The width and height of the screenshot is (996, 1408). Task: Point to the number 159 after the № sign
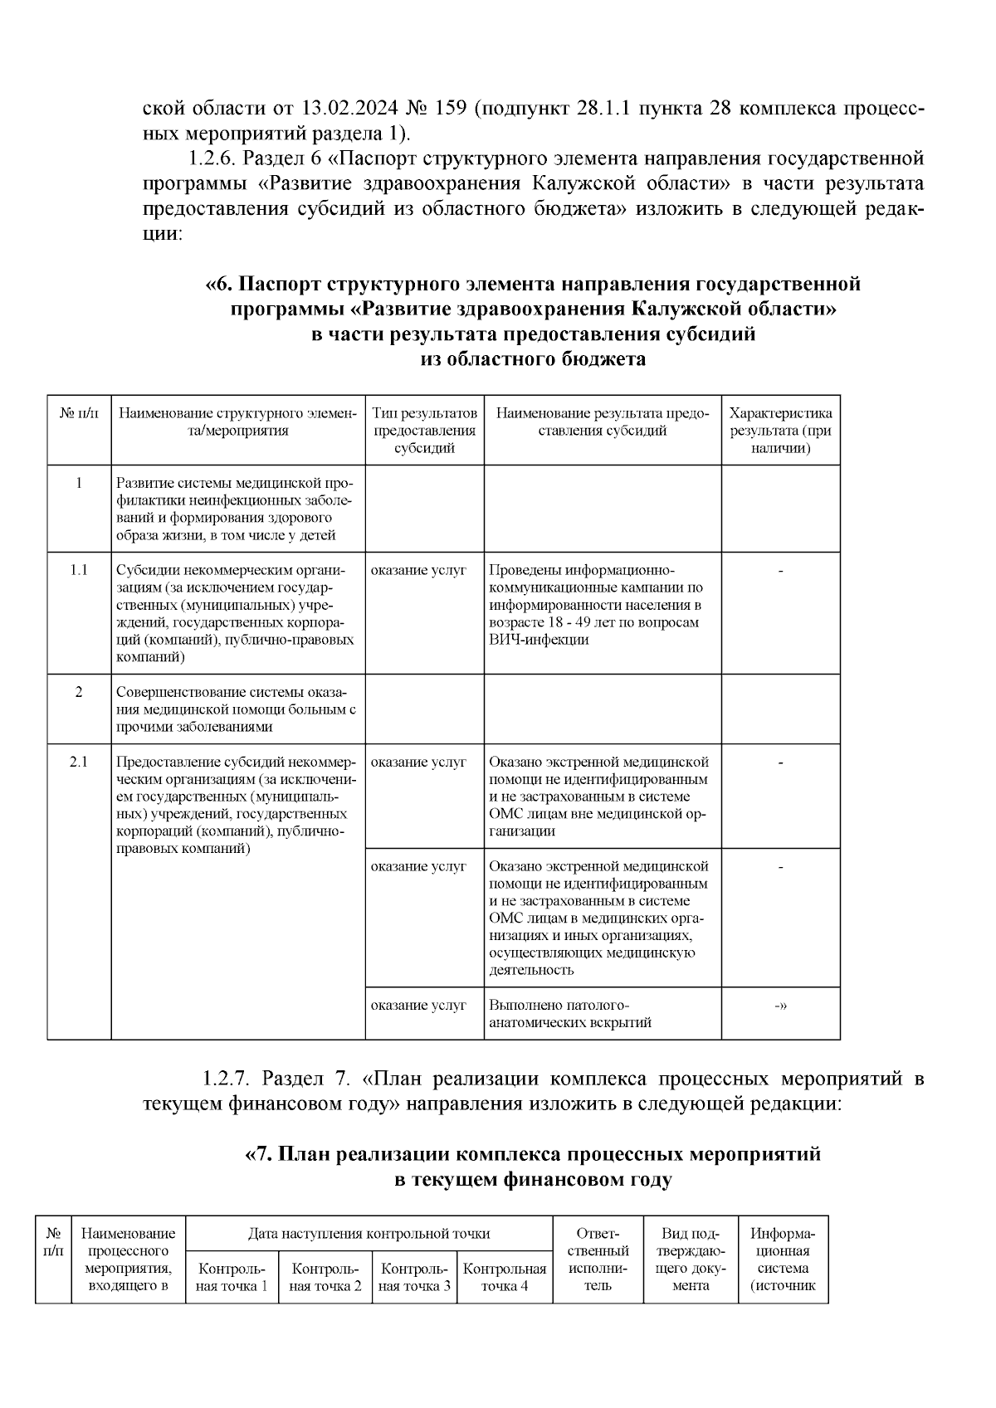click(x=449, y=109)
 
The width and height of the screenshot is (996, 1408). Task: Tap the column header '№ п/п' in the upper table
click(x=79, y=413)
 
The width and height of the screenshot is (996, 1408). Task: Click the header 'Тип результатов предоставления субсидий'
click(x=424, y=431)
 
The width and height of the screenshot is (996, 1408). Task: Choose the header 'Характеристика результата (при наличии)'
click(x=780, y=431)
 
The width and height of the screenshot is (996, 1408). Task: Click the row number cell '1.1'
click(x=79, y=570)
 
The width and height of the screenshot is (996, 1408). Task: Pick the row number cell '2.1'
click(x=79, y=762)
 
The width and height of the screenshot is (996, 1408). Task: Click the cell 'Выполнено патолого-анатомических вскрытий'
click(x=570, y=1013)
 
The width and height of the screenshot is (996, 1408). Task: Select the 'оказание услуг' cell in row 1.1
click(x=418, y=570)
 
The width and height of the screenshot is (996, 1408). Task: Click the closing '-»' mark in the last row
click(x=780, y=1005)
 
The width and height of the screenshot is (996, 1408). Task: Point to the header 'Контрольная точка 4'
click(x=505, y=1277)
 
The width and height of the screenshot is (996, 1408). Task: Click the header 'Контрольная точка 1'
click(x=232, y=1277)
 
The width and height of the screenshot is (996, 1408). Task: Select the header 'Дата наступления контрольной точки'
click(x=369, y=1233)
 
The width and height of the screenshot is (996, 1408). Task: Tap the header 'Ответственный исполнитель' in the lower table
click(x=598, y=1259)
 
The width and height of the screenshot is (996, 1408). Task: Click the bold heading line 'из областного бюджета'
click(x=533, y=358)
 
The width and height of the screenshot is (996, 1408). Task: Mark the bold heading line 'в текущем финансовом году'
click(x=532, y=1179)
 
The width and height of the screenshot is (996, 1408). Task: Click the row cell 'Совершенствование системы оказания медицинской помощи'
click(x=237, y=709)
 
